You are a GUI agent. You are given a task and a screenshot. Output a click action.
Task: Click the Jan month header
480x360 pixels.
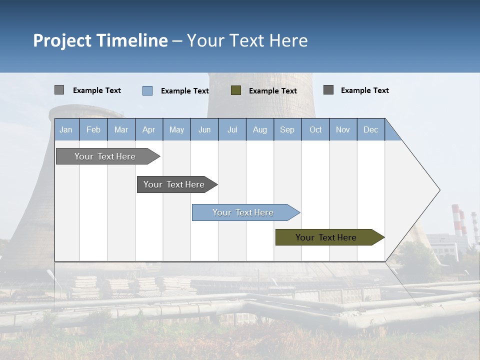pos(66,129)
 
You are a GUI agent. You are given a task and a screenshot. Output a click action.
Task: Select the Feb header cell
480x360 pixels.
pos(93,129)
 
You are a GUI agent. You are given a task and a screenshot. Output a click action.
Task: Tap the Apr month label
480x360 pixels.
pos(148,129)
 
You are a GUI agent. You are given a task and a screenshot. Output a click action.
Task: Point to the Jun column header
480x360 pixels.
pos(204,129)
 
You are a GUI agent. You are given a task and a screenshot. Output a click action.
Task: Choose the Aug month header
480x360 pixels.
pos(260,129)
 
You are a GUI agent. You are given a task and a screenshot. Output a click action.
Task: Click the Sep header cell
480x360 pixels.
pos(287,129)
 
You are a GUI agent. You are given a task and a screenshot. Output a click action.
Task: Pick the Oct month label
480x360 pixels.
pos(315,129)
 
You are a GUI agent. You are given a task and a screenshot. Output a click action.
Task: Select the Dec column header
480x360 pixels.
pos(371,129)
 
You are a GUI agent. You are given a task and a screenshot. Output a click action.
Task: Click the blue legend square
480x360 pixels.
pos(147,90)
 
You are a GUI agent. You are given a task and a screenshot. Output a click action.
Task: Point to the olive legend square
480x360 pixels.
pos(236,90)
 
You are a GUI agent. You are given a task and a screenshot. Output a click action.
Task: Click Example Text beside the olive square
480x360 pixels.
pos(272,91)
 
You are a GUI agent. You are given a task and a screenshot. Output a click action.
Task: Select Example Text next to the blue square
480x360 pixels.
pos(184,91)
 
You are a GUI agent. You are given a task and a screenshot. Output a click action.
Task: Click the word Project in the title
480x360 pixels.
pos(62,40)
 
